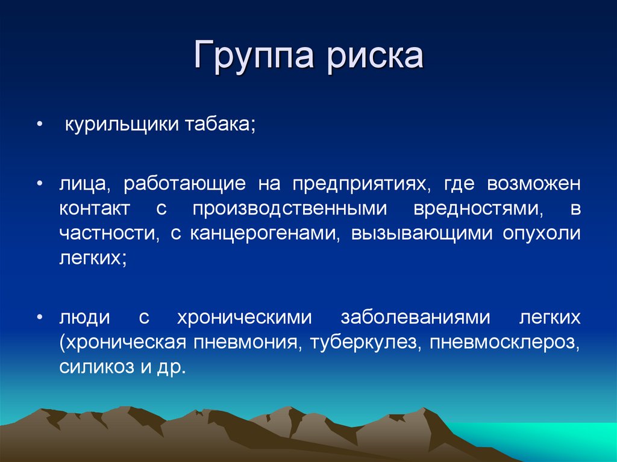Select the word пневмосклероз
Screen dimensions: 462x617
pos(496,342)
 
